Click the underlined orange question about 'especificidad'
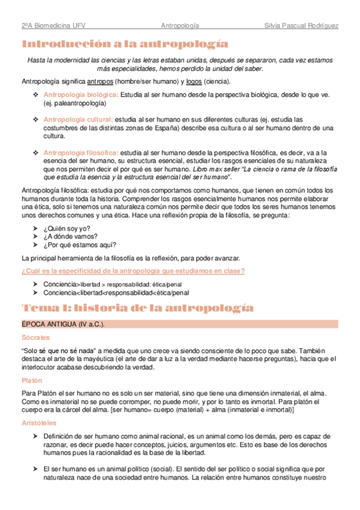(133, 271)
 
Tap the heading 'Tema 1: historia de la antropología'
(138, 308)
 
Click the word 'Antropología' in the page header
(180, 26)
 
